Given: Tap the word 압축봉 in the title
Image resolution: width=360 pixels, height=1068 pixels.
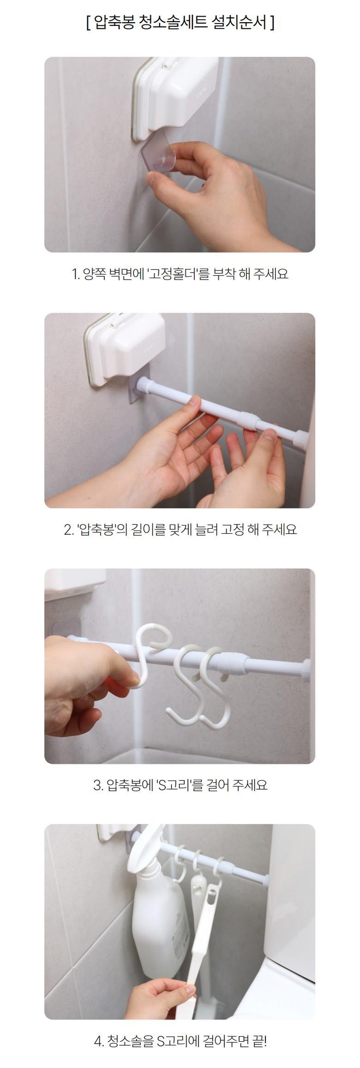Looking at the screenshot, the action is [114, 22].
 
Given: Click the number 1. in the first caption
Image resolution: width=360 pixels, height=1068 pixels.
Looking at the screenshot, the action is [76, 274].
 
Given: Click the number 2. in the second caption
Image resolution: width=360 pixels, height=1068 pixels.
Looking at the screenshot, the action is [69, 530].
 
